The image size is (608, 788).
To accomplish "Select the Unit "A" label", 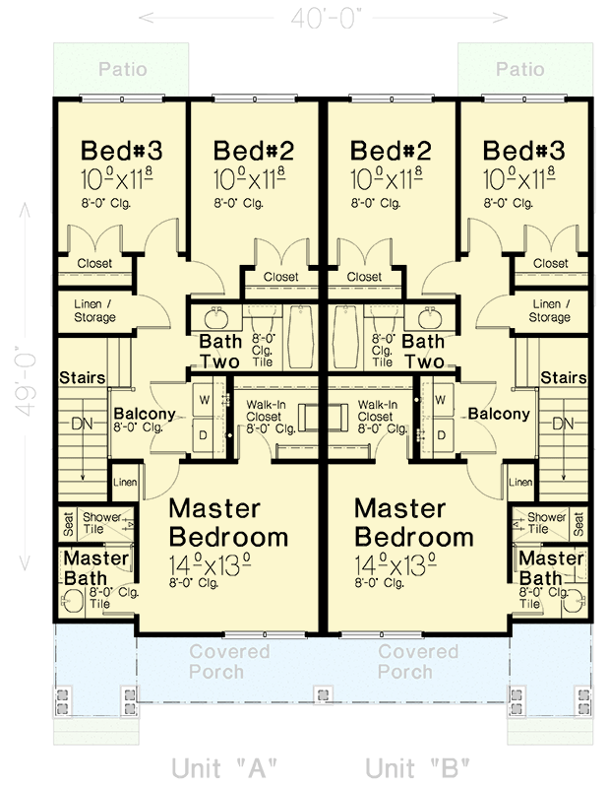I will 224,767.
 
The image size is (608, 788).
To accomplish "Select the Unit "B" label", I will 417,767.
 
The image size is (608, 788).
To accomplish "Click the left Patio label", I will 123,70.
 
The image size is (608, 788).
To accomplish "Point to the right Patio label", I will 520,70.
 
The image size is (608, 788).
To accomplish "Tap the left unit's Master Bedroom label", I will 228,524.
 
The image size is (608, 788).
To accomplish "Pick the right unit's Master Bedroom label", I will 413,524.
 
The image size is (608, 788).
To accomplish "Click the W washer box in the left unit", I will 205,400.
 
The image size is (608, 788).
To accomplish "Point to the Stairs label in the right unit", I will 563,378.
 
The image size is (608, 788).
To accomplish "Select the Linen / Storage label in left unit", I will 94,311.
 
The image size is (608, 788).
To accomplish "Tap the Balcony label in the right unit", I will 498,415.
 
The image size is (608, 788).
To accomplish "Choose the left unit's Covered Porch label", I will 229,662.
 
